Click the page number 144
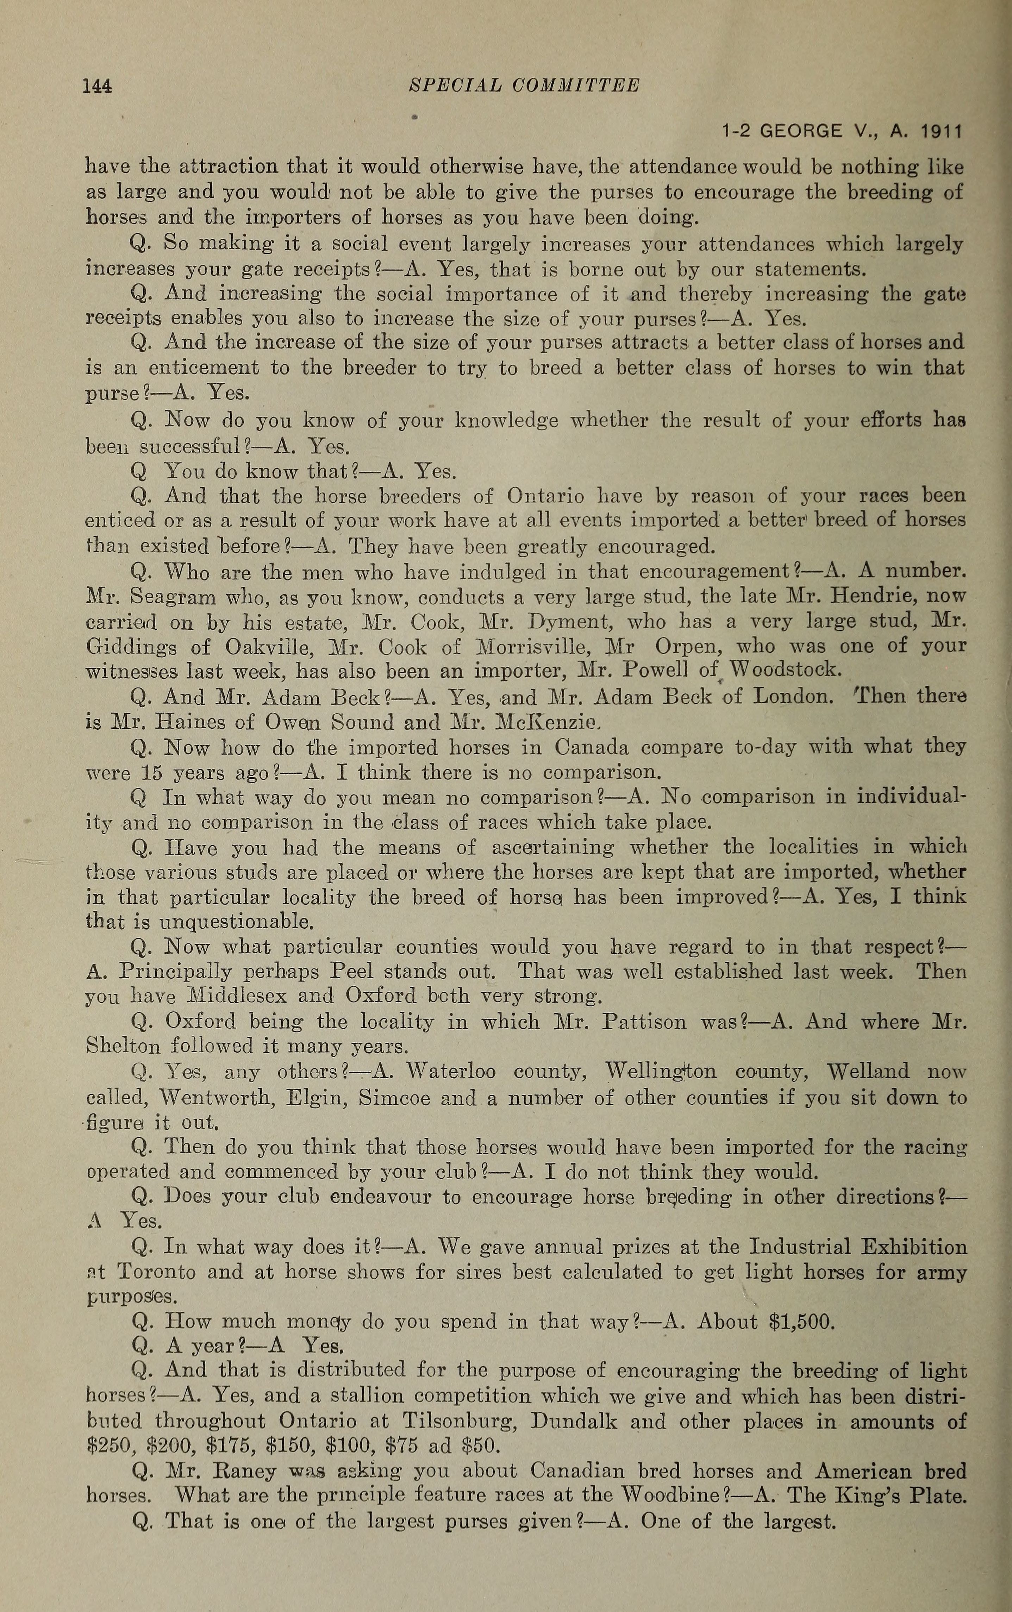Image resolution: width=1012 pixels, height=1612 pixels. coord(97,86)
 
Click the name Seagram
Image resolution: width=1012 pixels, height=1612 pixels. coord(173,596)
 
